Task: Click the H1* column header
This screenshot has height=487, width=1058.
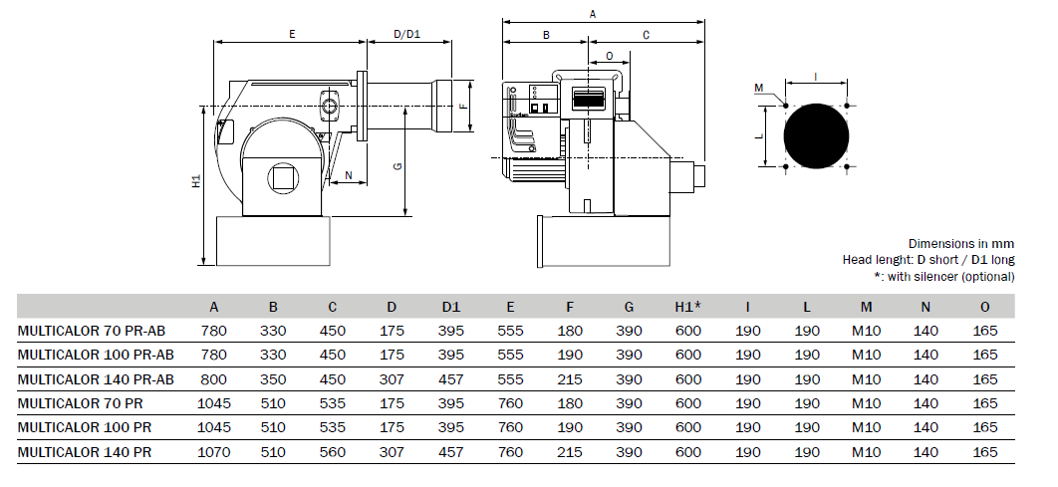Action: point(688,307)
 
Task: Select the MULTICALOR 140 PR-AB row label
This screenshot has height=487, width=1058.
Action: point(96,379)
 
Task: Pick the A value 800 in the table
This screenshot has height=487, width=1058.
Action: point(214,379)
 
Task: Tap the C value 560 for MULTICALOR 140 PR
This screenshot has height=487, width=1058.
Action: point(333,452)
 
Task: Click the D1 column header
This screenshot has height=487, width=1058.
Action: point(451,307)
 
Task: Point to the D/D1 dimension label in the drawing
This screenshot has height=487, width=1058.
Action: point(406,34)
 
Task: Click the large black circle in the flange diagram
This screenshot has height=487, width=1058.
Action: point(817,135)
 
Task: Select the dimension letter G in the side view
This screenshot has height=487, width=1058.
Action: point(397,166)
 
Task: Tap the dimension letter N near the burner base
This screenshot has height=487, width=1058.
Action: point(348,175)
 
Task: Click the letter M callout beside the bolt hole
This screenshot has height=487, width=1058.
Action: point(758,88)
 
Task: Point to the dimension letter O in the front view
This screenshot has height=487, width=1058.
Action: point(610,56)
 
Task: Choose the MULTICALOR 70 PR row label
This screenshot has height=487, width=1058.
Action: point(81,404)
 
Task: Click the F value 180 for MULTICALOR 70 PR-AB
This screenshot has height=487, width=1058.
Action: point(570,332)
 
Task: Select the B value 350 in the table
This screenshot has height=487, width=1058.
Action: point(273,379)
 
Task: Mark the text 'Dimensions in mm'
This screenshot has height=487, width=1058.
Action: point(960,244)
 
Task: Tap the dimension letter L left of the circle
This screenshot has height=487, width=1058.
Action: point(759,135)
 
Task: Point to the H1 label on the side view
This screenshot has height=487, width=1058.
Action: point(196,181)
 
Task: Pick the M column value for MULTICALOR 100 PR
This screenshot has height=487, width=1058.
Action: point(867,428)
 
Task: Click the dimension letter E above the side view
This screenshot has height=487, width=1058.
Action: point(292,34)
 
